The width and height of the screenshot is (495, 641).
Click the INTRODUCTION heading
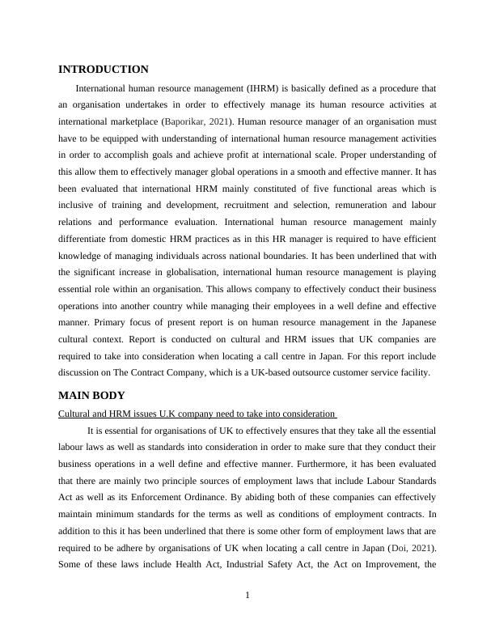[104, 70]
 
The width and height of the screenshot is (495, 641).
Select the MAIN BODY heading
[91, 396]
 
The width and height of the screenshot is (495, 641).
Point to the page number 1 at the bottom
[247, 596]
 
